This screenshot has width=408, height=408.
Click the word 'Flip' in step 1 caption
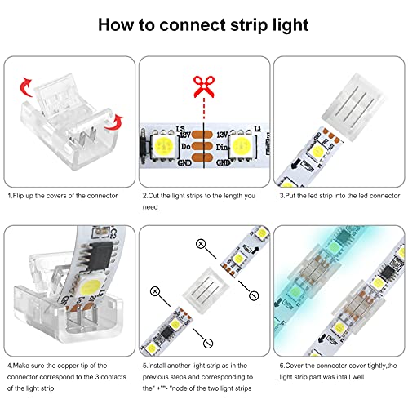(x=20, y=196)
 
